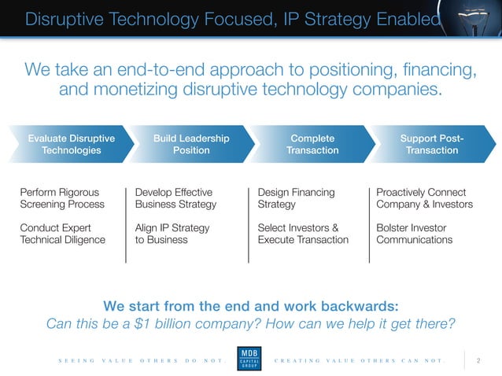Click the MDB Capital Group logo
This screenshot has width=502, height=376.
251,359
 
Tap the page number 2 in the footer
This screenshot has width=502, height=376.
478,360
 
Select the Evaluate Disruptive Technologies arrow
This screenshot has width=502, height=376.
70,145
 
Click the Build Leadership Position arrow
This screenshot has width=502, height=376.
191,145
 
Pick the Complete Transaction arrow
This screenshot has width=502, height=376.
312,145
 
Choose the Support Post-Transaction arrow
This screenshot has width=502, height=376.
432,145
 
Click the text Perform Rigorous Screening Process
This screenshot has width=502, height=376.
62,198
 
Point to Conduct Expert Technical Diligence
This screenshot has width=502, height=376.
62,234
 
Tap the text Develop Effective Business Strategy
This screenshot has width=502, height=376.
175,198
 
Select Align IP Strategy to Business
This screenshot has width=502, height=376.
172,234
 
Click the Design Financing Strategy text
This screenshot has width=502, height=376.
296,198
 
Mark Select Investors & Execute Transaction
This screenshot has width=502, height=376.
303,234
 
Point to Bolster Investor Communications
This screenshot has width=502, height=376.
415,234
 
